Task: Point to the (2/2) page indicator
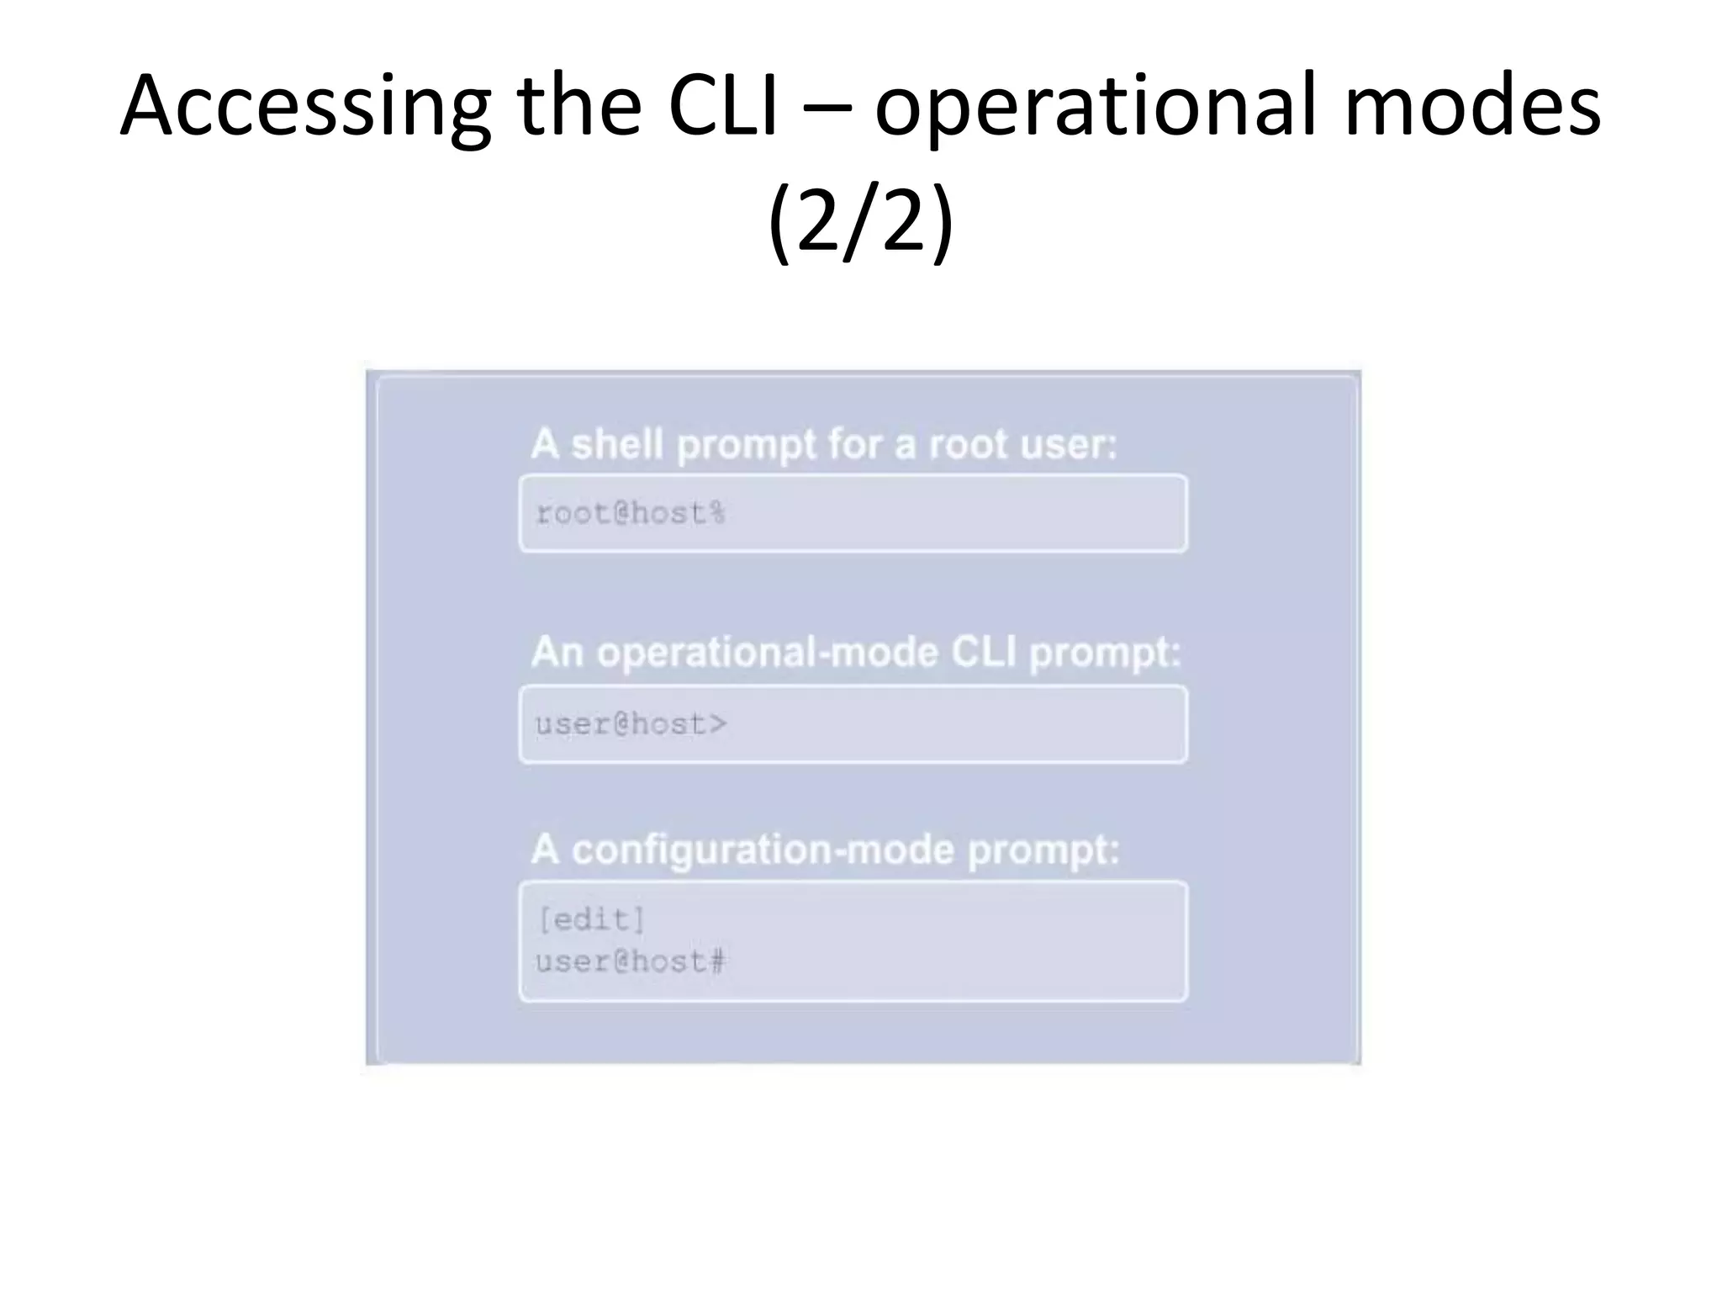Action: tap(860, 220)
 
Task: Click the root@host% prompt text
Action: tap(631, 513)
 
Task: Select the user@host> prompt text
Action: tap(631, 724)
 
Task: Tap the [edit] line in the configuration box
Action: tap(591, 919)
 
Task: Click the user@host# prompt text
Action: tap(631, 961)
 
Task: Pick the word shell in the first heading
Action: tap(617, 443)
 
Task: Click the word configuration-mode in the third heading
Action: tap(763, 850)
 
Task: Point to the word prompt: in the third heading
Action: tap(1043, 850)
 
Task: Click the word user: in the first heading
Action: tap(1068, 443)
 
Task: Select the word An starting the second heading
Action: tap(557, 652)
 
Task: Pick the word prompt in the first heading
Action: tap(747, 445)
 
